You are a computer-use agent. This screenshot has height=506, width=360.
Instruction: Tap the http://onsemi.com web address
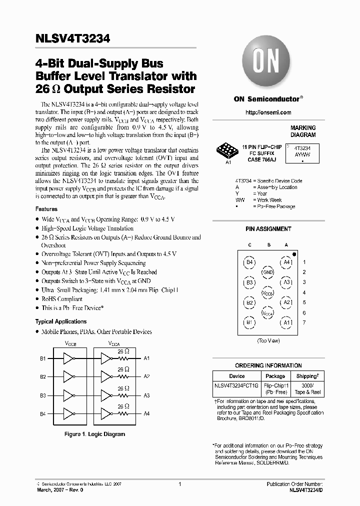click(268, 112)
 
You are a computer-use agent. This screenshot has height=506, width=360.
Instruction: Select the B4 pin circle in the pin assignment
click(249, 262)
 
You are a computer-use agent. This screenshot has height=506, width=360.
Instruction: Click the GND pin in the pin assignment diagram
click(268, 272)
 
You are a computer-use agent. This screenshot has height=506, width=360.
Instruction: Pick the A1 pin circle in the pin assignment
click(286, 323)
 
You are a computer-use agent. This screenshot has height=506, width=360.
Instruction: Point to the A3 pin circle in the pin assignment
click(286, 282)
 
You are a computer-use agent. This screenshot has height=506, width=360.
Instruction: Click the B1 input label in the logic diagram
click(43, 358)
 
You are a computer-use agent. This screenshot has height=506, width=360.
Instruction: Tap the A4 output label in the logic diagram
click(146, 414)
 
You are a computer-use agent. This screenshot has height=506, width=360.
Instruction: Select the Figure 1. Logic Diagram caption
click(95, 434)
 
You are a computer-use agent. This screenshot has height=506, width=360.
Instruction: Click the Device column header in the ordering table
click(237, 376)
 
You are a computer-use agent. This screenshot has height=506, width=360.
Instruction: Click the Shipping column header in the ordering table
click(306, 376)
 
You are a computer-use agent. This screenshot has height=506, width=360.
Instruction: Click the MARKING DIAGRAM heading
click(303, 131)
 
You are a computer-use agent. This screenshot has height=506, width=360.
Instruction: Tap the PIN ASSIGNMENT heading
click(268, 229)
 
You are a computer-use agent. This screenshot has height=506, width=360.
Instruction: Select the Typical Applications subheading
click(60, 321)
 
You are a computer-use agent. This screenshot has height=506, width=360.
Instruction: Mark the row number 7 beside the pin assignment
click(304, 323)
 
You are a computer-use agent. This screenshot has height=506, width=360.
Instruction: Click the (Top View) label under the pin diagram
click(268, 340)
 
